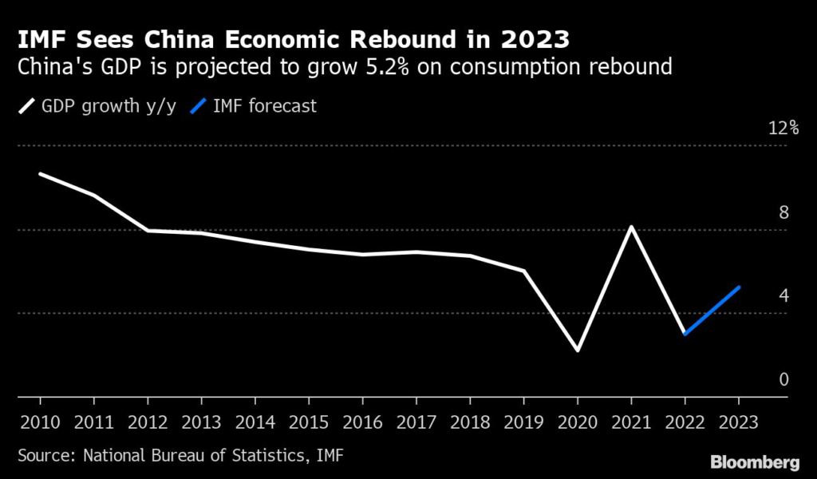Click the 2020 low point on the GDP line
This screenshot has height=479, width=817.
pyautogui.click(x=578, y=350)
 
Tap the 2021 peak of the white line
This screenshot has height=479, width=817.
pyautogui.click(x=631, y=228)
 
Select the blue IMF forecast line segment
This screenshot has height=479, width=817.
pyautogui.click(x=712, y=311)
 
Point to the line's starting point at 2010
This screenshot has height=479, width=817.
pyautogui.click(x=40, y=173)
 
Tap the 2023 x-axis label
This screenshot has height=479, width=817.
pyautogui.click(x=738, y=421)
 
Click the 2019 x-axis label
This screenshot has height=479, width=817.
pyautogui.click(x=523, y=421)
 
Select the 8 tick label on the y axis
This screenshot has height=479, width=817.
pyautogui.click(x=783, y=212)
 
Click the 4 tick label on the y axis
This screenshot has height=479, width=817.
pyautogui.click(x=783, y=295)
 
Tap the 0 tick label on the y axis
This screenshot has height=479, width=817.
pyautogui.click(x=783, y=379)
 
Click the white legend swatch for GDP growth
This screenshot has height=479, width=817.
pyautogui.click(x=26, y=105)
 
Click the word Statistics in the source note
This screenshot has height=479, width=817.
pyautogui.click(x=260, y=455)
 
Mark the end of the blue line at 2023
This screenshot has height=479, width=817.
pyautogui.click(x=739, y=287)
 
